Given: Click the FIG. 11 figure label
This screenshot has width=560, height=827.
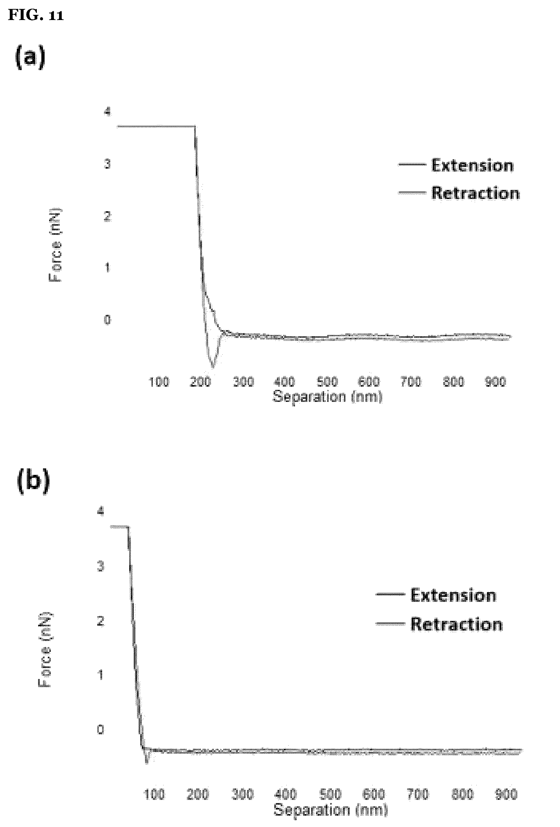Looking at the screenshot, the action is (36, 15).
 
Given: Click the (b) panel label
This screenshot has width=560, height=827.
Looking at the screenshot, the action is (33, 481).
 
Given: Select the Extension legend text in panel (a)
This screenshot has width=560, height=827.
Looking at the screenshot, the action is (472, 165).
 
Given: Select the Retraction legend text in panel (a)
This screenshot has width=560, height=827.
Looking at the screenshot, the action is (476, 193).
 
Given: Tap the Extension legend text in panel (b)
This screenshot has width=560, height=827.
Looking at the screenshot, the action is (453, 595).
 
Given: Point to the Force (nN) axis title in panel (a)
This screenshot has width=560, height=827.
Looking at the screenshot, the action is (55, 245).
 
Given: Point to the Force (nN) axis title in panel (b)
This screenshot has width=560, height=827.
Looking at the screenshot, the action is (45, 650).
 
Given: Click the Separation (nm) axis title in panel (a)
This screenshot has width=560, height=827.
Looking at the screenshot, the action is (328, 396).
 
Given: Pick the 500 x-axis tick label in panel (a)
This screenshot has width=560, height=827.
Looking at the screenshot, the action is (327, 382).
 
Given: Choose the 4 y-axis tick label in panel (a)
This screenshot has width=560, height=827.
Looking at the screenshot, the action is (107, 112).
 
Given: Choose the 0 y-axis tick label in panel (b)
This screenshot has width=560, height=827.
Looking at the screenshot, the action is (101, 729).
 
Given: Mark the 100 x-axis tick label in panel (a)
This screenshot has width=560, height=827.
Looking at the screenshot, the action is (159, 382).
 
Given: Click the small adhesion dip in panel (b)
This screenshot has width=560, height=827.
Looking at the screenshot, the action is (146, 762).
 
